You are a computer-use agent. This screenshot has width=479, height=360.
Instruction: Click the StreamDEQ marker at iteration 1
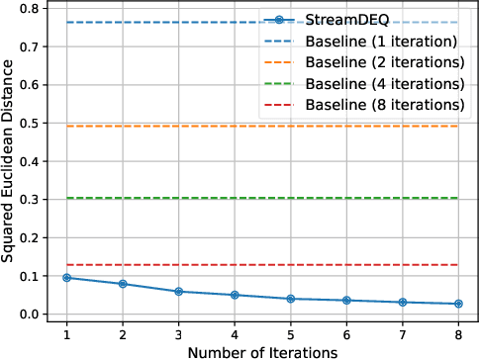[66, 278]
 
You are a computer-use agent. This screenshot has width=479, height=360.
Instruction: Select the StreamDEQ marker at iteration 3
[178, 292]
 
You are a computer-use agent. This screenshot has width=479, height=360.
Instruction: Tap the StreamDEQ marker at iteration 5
[290, 299]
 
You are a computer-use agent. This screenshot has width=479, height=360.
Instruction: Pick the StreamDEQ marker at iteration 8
[457, 304]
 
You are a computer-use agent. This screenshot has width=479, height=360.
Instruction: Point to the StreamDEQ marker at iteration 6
[345, 301]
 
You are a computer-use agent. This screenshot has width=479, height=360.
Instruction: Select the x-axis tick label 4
[234, 334]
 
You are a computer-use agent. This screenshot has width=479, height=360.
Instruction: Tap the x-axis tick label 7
[402, 334]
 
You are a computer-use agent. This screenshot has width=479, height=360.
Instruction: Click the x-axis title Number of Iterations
[261, 351]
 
